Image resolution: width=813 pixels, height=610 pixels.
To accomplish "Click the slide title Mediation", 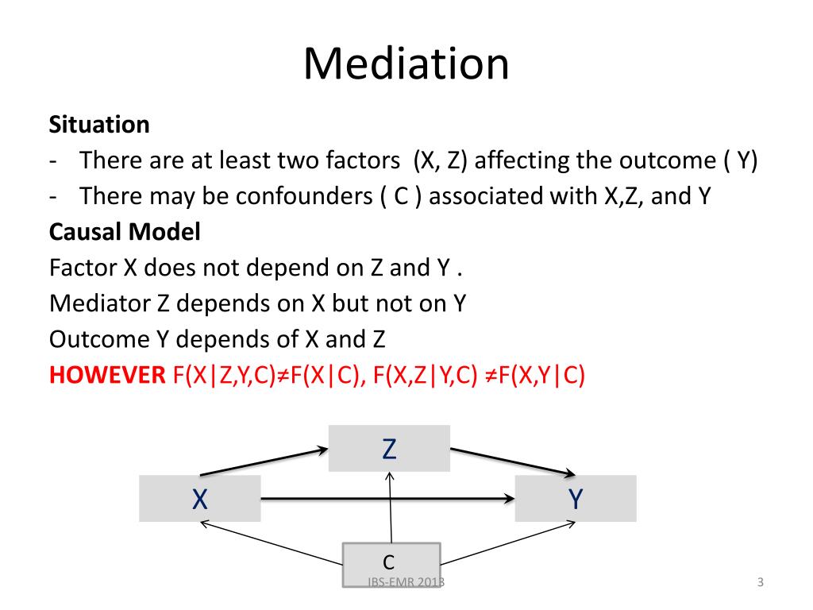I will pos(406,64).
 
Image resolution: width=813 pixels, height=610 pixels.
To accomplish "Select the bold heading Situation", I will pos(99,125).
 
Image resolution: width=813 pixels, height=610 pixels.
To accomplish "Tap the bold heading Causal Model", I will pos(125,232).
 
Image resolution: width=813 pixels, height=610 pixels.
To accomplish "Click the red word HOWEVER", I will pos(106,375).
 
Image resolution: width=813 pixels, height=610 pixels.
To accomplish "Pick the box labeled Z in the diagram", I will pos(389,449).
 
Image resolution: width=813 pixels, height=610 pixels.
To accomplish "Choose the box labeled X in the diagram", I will pos(199,499).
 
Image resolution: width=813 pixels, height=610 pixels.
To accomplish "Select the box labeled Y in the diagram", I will pos(576,499).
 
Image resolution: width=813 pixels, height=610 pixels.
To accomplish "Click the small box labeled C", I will pos(389,562).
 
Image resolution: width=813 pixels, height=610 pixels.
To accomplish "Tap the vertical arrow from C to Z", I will pos(390,508).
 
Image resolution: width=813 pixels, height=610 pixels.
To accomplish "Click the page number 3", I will pos(760,583).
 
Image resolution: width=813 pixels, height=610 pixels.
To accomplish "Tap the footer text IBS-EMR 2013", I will pos(406,583).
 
